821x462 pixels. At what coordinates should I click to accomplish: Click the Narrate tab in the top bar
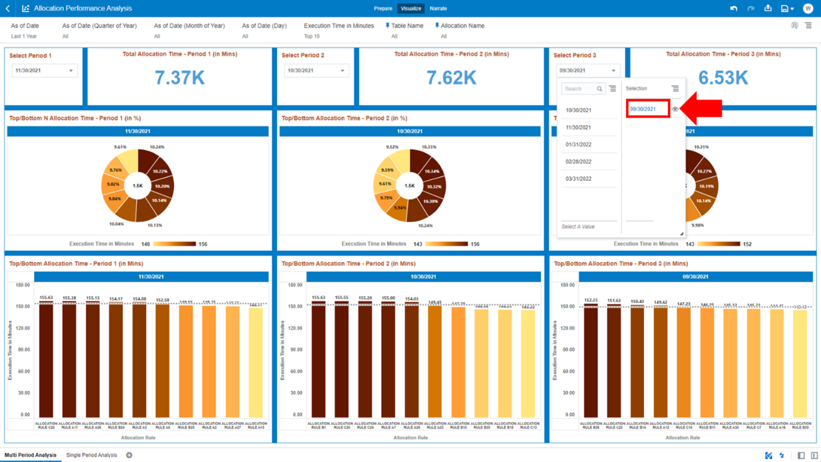tap(438, 9)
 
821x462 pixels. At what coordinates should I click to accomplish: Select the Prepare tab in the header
tap(383, 9)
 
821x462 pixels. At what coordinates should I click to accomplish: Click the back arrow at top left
tap(7, 9)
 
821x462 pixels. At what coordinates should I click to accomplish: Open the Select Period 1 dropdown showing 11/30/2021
tap(45, 71)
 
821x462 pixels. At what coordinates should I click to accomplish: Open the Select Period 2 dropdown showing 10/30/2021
tap(316, 71)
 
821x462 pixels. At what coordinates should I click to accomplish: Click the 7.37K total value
tap(179, 78)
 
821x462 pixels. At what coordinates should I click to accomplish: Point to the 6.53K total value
tap(723, 78)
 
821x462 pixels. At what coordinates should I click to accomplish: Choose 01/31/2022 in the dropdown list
tap(578, 144)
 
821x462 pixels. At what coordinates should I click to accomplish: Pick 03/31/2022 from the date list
tap(578, 179)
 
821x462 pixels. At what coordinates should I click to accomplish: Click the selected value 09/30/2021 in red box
tap(643, 109)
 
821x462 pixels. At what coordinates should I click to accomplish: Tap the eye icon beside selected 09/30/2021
tap(675, 109)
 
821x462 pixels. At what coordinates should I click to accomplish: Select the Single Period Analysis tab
tap(91, 455)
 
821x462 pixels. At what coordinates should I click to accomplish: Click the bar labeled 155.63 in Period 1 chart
tap(46, 360)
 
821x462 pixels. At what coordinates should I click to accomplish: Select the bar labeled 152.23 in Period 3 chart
tap(591, 360)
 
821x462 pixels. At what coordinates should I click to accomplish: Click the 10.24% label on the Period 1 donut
tap(156, 147)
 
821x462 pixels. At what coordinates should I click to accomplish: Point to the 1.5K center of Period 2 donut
tap(409, 186)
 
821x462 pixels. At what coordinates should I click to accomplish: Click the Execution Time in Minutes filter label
tap(339, 26)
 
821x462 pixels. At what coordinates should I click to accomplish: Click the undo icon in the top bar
tap(734, 9)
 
